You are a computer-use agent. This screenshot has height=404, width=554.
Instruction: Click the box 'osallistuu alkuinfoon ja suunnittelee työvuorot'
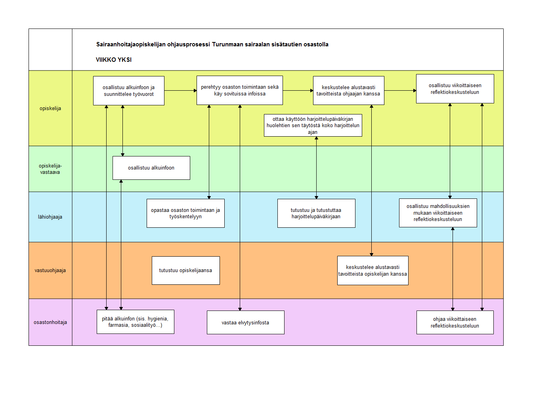point(129,91)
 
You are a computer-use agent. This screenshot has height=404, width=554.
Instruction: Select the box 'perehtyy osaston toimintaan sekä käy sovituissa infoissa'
point(240,90)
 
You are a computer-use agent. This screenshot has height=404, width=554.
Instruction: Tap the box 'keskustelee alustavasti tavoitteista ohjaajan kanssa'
point(349,91)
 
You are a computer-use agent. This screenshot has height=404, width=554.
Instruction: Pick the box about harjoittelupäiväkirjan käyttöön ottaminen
point(313,125)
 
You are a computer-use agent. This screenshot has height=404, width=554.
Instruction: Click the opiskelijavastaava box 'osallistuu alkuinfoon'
point(151,168)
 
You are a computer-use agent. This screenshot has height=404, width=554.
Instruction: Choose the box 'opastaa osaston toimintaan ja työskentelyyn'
point(185,213)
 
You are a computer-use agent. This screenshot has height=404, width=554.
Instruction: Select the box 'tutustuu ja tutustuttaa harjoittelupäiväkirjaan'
point(316,213)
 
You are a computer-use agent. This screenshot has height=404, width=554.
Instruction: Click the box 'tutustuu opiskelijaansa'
point(186,271)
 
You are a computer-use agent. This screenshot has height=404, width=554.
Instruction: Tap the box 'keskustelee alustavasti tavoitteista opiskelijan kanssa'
point(373,271)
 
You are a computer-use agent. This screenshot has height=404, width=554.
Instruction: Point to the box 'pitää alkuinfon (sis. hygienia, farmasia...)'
point(136,322)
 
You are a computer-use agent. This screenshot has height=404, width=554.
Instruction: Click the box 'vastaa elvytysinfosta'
point(246,322)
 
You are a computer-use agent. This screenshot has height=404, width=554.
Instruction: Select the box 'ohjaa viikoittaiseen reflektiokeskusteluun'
point(455,322)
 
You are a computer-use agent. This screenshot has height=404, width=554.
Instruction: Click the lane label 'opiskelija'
point(50,109)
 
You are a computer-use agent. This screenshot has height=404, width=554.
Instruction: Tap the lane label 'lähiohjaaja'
point(50,217)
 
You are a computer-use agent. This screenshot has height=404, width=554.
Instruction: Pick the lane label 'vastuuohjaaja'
point(50,271)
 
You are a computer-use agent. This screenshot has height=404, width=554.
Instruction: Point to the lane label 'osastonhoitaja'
point(50,322)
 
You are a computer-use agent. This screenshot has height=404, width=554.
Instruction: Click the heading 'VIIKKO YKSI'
point(113,60)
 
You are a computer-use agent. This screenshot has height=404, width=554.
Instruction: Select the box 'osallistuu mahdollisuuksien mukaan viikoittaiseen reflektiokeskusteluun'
point(438,213)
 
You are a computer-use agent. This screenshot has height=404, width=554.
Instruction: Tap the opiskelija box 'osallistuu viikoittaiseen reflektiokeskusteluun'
point(455,89)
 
